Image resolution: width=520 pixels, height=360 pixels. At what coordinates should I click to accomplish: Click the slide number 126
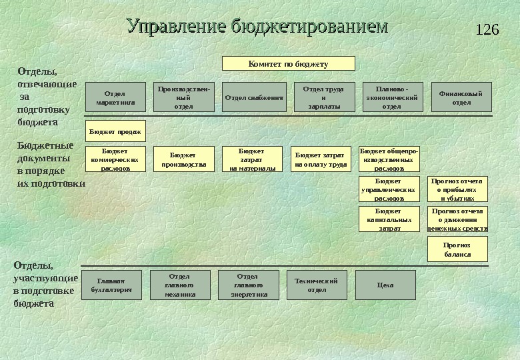click(x=488, y=29)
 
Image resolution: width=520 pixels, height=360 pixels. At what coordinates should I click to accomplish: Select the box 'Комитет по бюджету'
click(x=288, y=64)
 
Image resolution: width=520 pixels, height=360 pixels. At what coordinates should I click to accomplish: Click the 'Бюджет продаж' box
click(x=115, y=131)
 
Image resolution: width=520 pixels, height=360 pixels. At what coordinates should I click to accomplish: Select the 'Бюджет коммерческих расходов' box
click(x=115, y=159)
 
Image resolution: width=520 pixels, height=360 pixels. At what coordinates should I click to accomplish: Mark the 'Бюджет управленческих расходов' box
click(x=388, y=189)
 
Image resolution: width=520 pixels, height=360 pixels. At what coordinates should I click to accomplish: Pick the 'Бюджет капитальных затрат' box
click(x=388, y=219)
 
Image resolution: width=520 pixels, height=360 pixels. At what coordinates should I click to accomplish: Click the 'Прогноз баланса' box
click(x=457, y=250)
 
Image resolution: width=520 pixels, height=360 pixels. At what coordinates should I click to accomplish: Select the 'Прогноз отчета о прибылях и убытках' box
click(x=457, y=189)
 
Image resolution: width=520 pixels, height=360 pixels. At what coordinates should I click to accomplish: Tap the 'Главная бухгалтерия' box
click(x=111, y=285)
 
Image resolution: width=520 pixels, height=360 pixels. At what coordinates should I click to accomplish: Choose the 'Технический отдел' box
click(x=317, y=285)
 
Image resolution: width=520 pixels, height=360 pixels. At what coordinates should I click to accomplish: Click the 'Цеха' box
click(x=385, y=285)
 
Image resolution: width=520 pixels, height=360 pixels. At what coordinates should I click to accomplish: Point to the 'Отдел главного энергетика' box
click(x=249, y=285)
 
